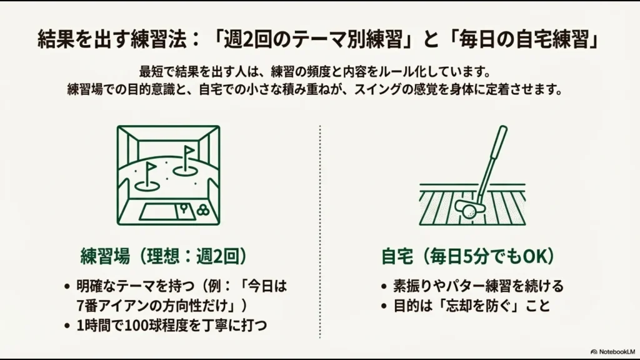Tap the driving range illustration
point(169,175)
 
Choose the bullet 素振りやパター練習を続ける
point(478,287)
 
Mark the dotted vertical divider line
point(320,231)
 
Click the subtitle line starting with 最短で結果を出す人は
point(320,72)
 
